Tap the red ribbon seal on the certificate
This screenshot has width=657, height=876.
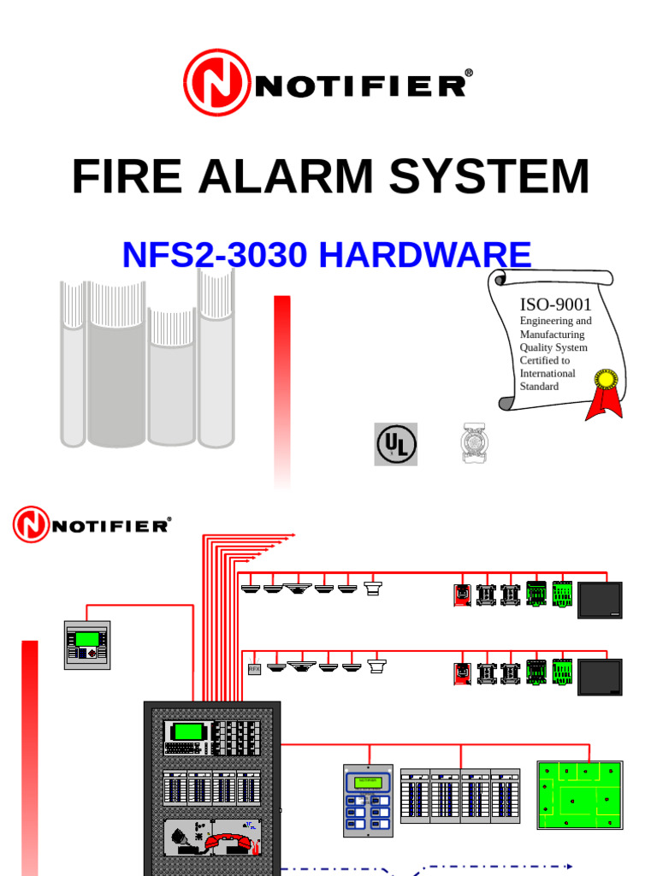click(x=605, y=393)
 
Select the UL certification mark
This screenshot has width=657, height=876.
click(x=395, y=444)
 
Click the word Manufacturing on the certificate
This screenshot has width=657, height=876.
click(x=552, y=334)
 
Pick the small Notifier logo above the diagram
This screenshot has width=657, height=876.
click(x=92, y=524)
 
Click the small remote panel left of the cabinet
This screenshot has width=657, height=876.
click(x=87, y=644)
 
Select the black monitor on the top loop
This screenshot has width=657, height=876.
click(x=600, y=600)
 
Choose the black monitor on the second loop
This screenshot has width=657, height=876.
click(x=600, y=677)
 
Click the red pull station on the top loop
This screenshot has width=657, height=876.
click(x=462, y=595)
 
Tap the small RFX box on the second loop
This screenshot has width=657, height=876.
click(x=254, y=669)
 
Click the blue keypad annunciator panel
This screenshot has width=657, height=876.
click(x=368, y=800)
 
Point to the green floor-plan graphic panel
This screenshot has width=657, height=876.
click(x=579, y=795)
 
